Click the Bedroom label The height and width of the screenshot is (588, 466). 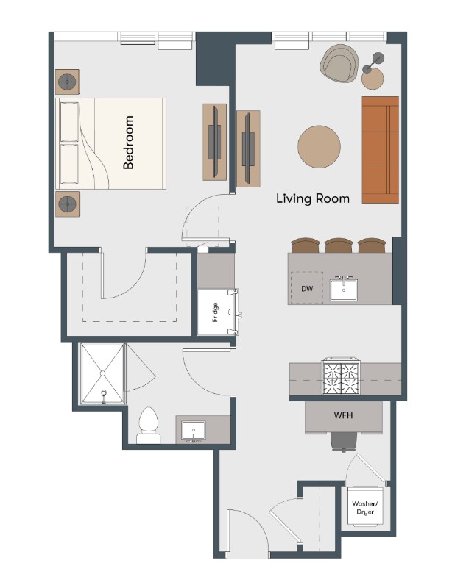(128, 142)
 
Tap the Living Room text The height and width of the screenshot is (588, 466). (313, 198)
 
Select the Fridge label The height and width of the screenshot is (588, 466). (215, 312)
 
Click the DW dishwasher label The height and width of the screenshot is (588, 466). (307, 289)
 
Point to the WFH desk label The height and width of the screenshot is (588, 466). (343, 415)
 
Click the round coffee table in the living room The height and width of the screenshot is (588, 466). (320, 146)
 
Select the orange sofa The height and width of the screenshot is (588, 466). (380, 150)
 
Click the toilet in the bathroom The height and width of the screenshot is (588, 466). (148, 426)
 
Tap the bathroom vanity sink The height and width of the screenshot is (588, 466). (194, 430)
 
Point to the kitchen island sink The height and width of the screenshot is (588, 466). (344, 290)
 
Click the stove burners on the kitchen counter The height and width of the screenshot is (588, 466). (341, 377)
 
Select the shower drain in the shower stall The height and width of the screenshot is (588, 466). (102, 373)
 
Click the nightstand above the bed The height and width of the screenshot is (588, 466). (68, 82)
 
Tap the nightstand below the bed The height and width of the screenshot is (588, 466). (68, 204)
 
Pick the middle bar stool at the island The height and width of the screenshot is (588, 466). (339, 245)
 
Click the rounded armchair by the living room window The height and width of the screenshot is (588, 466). (339, 63)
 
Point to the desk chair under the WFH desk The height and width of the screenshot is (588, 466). (343, 442)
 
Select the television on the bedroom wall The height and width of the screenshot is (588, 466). (215, 142)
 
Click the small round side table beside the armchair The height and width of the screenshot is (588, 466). (373, 79)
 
